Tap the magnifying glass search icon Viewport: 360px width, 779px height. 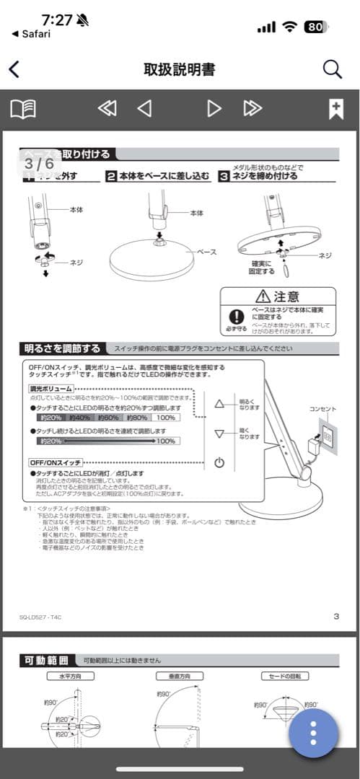click(332, 69)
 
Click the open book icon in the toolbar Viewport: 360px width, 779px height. click(23, 109)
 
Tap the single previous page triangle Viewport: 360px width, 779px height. click(144, 109)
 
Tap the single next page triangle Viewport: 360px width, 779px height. click(214, 109)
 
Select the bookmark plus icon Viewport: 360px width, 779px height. click(335, 109)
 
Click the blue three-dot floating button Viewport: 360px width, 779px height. click(313, 733)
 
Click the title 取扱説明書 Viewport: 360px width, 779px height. click(180, 69)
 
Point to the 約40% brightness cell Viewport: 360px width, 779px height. click(80, 417)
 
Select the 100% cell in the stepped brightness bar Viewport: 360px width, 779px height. click(165, 417)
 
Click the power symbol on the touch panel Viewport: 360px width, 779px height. click(219, 462)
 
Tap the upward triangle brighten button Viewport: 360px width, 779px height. click(220, 403)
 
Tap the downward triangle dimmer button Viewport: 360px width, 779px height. click(220, 433)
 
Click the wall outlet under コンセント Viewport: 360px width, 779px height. click(327, 437)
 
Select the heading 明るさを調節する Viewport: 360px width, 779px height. click(62, 348)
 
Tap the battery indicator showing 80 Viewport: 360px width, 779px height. click(315, 27)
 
